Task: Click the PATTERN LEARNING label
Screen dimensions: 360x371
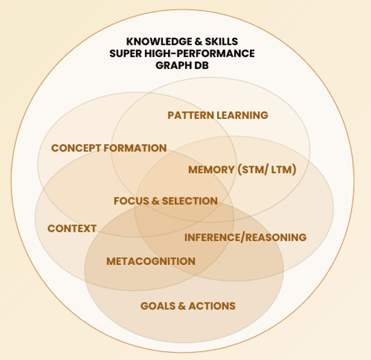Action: click(x=217, y=115)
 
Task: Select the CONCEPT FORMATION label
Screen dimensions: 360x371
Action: click(x=109, y=148)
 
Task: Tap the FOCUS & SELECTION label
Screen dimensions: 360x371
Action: click(x=166, y=201)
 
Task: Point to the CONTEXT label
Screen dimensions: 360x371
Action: click(x=72, y=229)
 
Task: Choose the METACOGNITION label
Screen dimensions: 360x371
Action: click(x=151, y=262)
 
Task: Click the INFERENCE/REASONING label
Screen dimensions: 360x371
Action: click(x=245, y=237)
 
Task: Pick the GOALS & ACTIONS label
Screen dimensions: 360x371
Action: click(x=188, y=306)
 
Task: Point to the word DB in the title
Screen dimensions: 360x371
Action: click(x=201, y=65)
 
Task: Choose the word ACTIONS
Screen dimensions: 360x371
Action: click(x=212, y=306)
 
